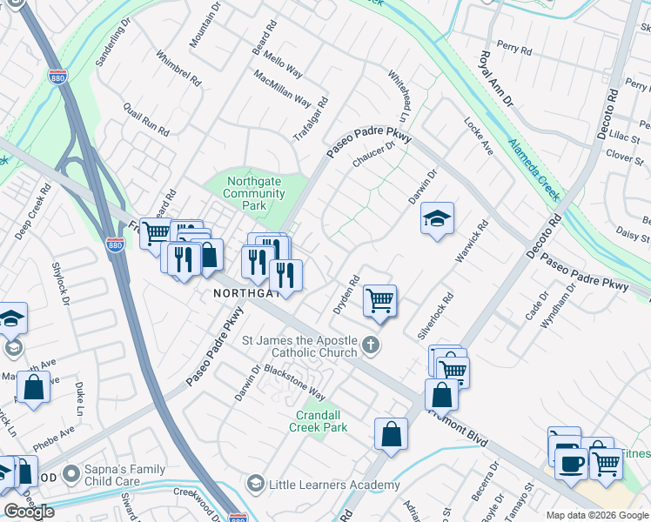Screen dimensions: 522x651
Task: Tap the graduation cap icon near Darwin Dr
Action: click(x=438, y=218)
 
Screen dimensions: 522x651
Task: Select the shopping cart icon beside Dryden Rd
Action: click(x=379, y=300)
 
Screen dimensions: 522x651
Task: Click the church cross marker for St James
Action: click(x=371, y=345)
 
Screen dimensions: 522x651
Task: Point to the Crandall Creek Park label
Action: click(x=321, y=421)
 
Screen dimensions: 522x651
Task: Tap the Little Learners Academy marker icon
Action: click(x=255, y=483)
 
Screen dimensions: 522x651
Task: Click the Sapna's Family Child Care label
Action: click(x=124, y=475)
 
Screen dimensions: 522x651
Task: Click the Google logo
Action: click(x=29, y=512)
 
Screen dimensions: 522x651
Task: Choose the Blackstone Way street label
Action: click(x=296, y=381)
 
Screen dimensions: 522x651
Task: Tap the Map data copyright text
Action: click(x=597, y=515)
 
